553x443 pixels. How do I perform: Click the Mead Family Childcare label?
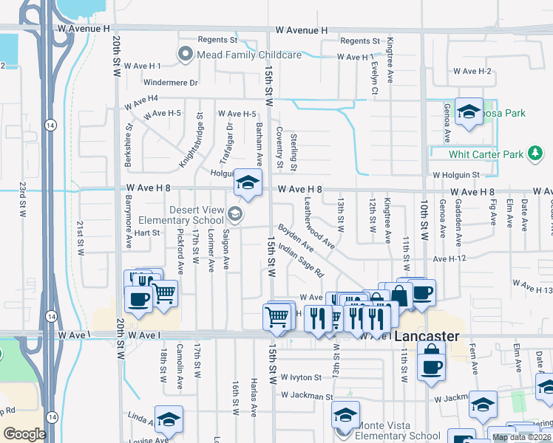248,55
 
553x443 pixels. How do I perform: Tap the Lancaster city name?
427,336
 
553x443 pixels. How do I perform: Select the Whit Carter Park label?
486,154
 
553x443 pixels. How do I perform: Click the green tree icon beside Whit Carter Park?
535,154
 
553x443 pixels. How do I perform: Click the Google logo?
24,433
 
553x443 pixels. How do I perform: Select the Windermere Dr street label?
172,83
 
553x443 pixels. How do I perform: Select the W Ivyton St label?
296,377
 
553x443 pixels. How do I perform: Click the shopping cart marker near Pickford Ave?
164,293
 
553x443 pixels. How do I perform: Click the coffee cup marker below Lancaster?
431,366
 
